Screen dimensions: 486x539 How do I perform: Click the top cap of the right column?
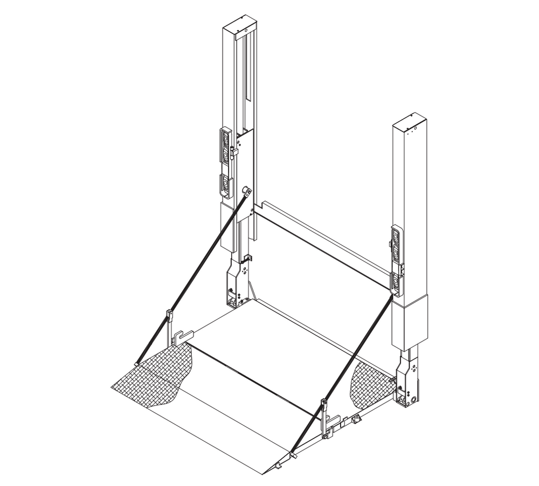[411, 121]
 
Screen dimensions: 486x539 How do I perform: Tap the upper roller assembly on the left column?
[225, 145]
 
